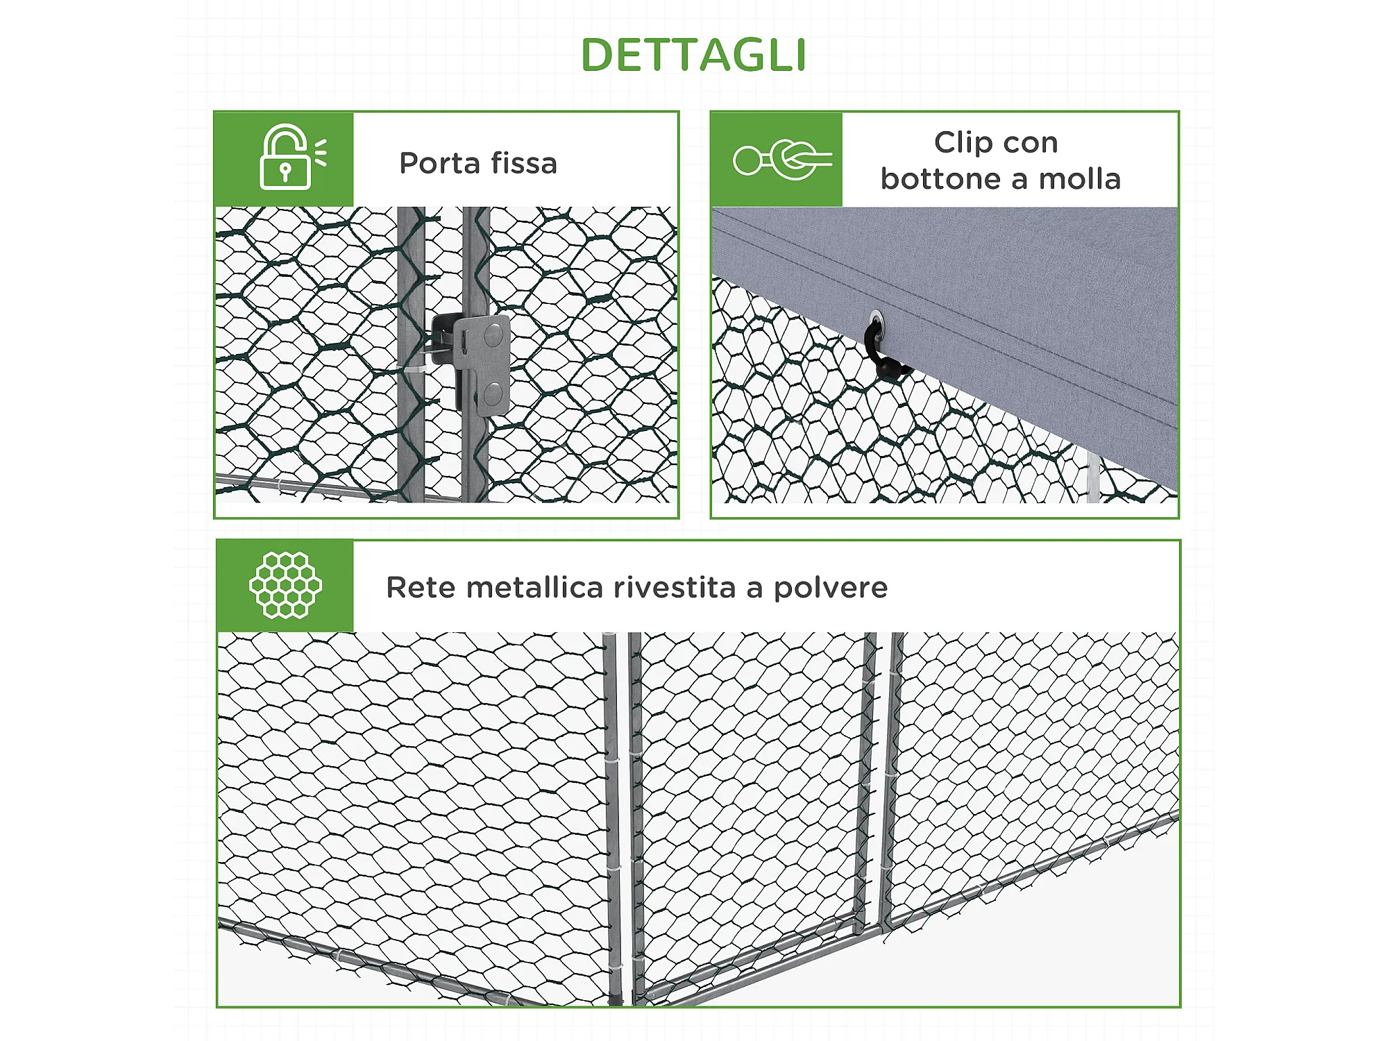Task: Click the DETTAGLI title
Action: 693,55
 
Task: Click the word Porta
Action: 439,164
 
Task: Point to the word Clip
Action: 963,143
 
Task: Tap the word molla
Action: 1079,179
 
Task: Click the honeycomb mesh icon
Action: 285,585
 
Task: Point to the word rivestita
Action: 675,588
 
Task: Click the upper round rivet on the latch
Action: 493,336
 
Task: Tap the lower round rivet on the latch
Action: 493,394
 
